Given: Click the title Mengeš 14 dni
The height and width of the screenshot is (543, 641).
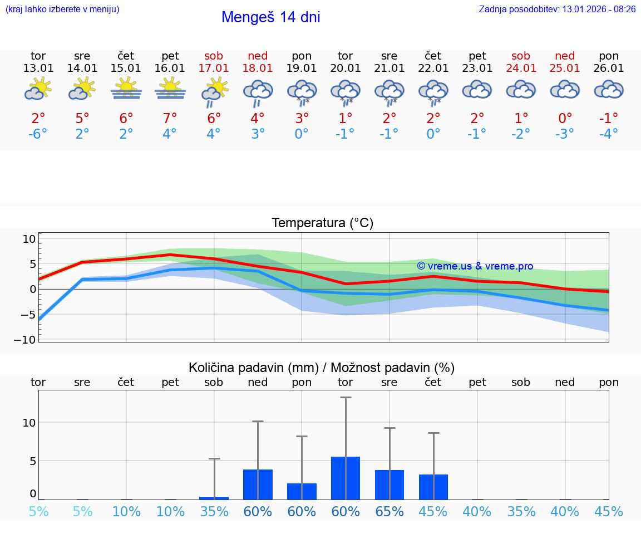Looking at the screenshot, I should coord(270,17).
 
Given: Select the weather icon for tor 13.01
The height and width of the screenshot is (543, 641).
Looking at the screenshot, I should coord(38,89).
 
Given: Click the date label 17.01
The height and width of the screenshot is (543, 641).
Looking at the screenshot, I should coord(214,68).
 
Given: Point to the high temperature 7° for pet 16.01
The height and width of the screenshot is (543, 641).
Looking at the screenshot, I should coord(170,118).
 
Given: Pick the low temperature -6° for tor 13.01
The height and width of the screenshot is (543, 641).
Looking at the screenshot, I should coord(38,134).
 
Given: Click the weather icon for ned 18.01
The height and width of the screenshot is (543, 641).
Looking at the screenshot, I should coord(258,92).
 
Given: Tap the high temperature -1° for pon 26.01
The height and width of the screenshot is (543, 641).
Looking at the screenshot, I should coord(609,118).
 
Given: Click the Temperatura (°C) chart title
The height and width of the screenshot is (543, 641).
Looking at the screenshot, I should coord(322,223).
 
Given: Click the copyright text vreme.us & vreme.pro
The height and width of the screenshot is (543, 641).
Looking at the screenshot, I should coord(475,266).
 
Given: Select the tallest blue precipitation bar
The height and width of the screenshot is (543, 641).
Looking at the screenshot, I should coord(346,478).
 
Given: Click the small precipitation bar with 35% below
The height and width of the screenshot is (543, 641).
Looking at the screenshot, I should coord(214,498).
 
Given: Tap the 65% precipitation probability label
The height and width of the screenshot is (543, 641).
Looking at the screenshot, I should coord(389,512).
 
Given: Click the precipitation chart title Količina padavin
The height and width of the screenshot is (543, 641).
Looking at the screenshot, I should coord(322,368).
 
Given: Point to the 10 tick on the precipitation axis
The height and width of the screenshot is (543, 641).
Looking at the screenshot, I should coord(29,422).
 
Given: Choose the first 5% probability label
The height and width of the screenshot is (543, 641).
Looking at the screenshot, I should coord(38,512).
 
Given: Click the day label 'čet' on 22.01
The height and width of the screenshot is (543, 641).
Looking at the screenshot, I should coord(433,56).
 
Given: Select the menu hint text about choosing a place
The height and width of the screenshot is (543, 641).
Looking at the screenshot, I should coord(62,9).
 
